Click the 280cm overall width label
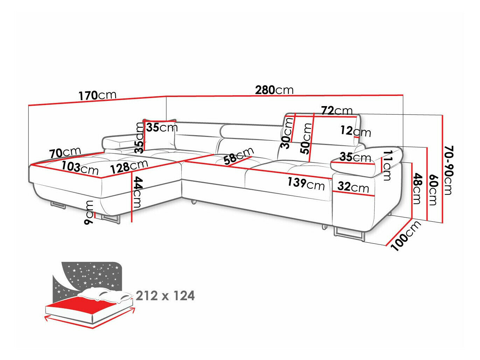pyautogui.click(x=274, y=90)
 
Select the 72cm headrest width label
pyautogui.click(x=337, y=111)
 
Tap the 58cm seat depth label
pyautogui.click(x=239, y=156)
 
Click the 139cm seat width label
pyautogui.click(x=306, y=183)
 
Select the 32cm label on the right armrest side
pyautogui.click(x=353, y=187)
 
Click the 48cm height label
pyautogui.click(x=417, y=189)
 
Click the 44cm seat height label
pyautogui.click(x=137, y=192)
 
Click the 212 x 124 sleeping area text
pyautogui.click(x=165, y=296)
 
